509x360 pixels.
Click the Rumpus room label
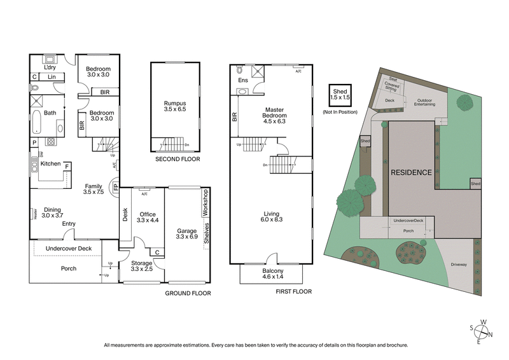coord(174,106)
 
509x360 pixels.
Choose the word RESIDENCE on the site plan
coord(411,172)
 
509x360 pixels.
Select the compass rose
coord(483,330)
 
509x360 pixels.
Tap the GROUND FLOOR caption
coord(188,293)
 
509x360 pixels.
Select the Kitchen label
coord(50,164)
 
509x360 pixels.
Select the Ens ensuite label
coord(243,81)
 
